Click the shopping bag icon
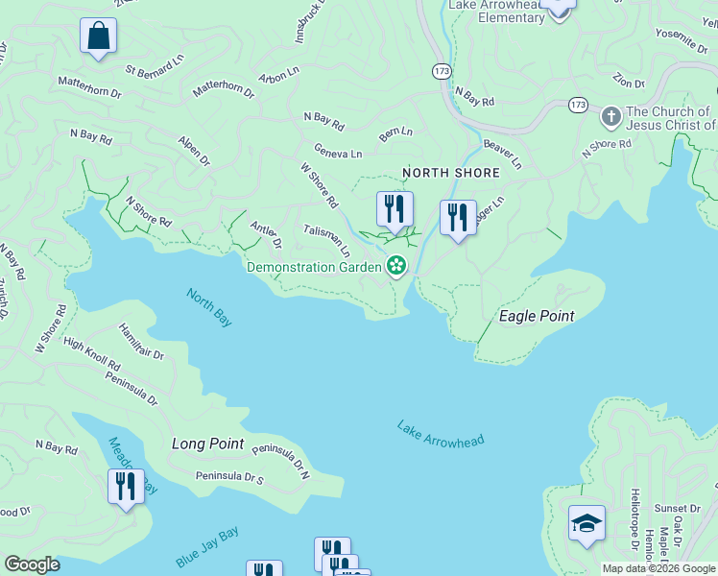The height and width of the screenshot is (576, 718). pyautogui.click(x=98, y=36)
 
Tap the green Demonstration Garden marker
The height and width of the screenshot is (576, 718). pyautogui.click(x=395, y=266)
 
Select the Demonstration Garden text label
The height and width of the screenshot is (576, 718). pyautogui.click(x=314, y=267)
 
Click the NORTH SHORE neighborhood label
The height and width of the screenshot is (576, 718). pyautogui.click(x=451, y=173)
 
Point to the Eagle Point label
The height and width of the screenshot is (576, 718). pyautogui.click(x=537, y=316)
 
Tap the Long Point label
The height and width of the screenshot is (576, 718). pyautogui.click(x=208, y=444)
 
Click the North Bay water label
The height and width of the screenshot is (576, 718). pyautogui.click(x=209, y=308)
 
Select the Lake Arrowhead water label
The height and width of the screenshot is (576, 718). pyautogui.click(x=441, y=434)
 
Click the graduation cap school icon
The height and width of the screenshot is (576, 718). pyautogui.click(x=586, y=523)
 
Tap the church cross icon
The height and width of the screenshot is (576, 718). pyautogui.click(x=610, y=118)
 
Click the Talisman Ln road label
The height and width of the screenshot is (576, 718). pyautogui.click(x=326, y=240)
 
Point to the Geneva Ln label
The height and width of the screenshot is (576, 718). pyautogui.click(x=338, y=152)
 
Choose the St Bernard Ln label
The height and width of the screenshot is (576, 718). pyautogui.click(x=154, y=67)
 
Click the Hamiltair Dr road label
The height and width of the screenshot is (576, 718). pyautogui.click(x=141, y=342)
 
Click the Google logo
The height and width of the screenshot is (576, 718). pyautogui.click(x=32, y=564)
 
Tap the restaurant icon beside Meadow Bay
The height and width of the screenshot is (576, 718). pyautogui.click(x=126, y=487)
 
